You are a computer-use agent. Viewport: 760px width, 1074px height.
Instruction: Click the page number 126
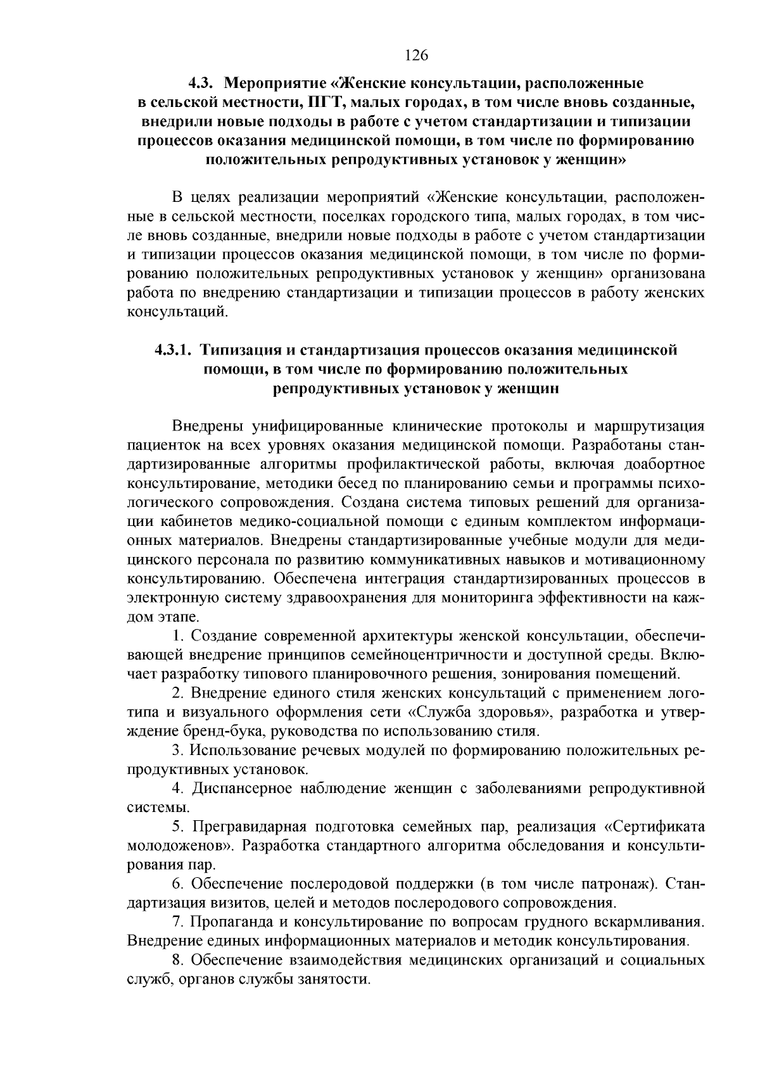[x=417, y=55]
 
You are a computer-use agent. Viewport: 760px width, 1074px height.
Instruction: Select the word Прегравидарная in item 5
[x=249, y=827]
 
